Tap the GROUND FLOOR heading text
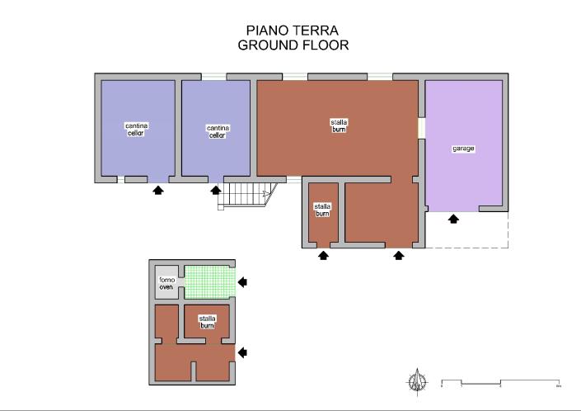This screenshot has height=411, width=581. click(x=293, y=45)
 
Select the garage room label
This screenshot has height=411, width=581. click(x=463, y=149)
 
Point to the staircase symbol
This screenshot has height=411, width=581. click(x=247, y=195)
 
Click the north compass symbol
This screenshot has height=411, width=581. click(x=418, y=380)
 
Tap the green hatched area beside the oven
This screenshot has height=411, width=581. click(x=209, y=282)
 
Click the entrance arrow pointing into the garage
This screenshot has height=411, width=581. click(x=452, y=219)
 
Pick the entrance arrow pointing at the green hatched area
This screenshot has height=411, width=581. click(x=242, y=283)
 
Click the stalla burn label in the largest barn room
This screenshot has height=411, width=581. click(x=339, y=125)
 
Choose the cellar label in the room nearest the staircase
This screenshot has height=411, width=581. click(x=218, y=131)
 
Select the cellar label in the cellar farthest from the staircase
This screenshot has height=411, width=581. click(x=136, y=130)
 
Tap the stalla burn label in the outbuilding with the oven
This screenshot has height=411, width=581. click(x=207, y=321)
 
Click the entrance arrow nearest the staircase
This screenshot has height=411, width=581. click(x=216, y=191)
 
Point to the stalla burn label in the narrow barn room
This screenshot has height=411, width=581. click(x=322, y=210)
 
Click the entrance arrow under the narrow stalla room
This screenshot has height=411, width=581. click(x=323, y=255)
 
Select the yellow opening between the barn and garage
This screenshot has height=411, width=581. click(x=420, y=129)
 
